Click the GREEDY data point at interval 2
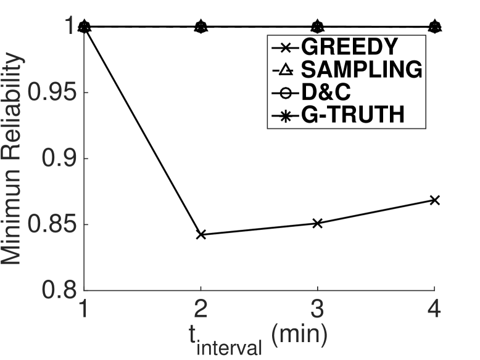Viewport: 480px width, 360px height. click(x=201, y=235)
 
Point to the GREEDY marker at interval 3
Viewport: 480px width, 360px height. click(x=317, y=223)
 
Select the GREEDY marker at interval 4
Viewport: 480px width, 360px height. click(x=434, y=200)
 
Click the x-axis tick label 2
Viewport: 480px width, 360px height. click(x=201, y=308)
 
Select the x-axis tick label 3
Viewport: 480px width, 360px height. click(x=317, y=308)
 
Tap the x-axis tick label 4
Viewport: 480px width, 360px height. click(x=434, y=308)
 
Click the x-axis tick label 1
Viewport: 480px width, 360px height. click(x=84, y=308)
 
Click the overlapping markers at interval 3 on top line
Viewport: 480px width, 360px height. click(x=317, y=27)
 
